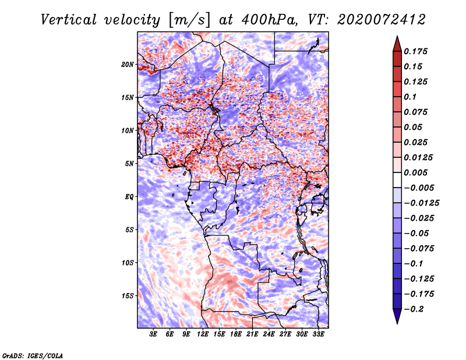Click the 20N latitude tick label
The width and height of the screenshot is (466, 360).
pos(128,64)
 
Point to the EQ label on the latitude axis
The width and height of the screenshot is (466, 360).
pos(129,196)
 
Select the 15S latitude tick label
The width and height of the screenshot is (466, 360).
pos(128,295)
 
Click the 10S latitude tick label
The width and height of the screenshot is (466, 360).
pos(128,263)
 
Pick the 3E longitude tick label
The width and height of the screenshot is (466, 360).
pos(154,335)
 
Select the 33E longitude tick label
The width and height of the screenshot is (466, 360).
pos(319,335)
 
